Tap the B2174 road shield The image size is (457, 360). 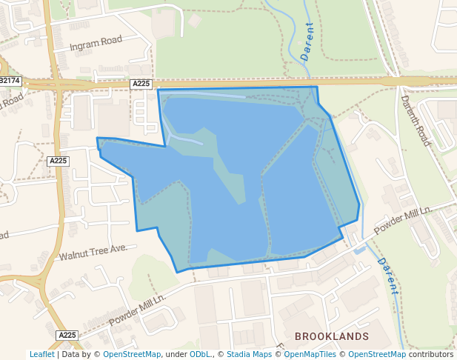10,80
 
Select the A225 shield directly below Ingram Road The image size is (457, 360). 141,84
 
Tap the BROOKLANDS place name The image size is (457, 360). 331,336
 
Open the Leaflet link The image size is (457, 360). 41,355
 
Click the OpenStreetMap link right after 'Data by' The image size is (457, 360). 132,355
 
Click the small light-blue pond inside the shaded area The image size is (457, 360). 186,139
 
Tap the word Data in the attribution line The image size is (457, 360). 71,355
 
